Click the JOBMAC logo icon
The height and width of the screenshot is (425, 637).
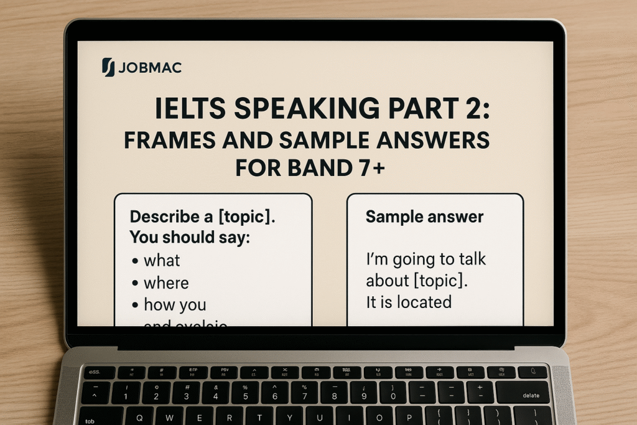[108, 67]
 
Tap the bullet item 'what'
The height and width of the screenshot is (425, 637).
[162, 260]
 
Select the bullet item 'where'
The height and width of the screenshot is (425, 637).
[166, 283]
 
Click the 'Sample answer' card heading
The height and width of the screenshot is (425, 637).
[424, 217]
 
